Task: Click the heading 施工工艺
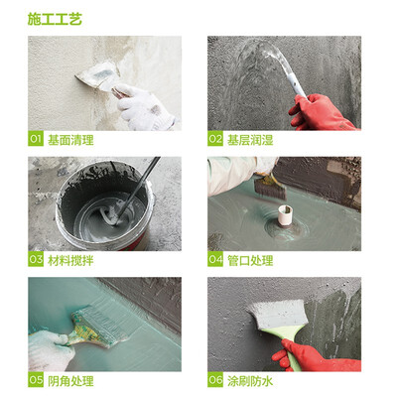[55, 19]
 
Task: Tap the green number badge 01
[36, 139]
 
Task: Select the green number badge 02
[215, 139]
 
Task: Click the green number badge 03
[36, 259]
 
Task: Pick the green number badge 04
[215, 259]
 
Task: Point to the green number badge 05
[36, 380]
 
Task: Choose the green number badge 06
[215, 380]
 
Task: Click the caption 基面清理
[70, 140]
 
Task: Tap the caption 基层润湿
[250, 140]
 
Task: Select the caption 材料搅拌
[70, 260]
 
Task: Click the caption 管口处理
[250, 260]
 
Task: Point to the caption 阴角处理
[70, 381]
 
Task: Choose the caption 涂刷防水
[250, 381]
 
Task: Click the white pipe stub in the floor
[285, 215]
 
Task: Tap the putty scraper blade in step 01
[97, 76]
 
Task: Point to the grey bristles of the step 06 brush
[277, 313]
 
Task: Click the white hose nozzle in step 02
[295, 85]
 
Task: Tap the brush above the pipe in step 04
[269, 187]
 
